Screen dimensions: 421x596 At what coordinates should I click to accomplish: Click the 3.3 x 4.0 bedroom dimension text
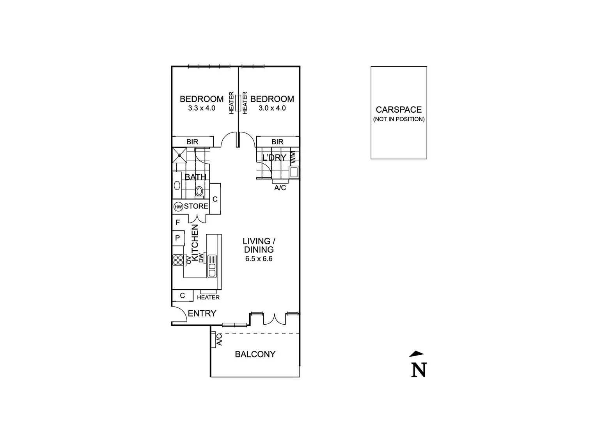pyautogui.click(x=202, y=108)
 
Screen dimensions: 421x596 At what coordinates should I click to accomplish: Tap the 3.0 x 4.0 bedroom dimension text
pyautogui.click(x=272, y=108)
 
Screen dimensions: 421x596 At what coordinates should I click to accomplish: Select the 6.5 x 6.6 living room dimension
pyautogui.click(x=259, y=258)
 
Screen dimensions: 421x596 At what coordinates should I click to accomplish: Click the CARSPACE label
pyautogui.click(x=399, y=110)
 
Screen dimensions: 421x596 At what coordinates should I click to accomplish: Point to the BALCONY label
pyautogui.click(x=255, y=354)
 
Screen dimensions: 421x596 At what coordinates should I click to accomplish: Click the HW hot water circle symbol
pyautogui.click(x=178, y=207)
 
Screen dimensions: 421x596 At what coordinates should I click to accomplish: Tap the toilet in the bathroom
pyautogui.click(x=199, y=191)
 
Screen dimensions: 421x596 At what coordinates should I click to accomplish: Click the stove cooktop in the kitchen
pyautogui.click(x=178, y=260)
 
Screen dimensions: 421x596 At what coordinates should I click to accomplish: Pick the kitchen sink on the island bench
pyautogui.click(x=212, y=265)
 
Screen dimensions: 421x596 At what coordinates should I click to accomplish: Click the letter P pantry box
pyautogui.click(x=177, y=238)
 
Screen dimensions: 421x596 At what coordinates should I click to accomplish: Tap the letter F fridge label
pyautogui.click(x=178, y=223)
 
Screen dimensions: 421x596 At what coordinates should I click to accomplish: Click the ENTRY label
pyautogui.click(x=202, y=313)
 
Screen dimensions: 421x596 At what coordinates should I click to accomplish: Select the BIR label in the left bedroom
pyautogui.click(x=192, y=142)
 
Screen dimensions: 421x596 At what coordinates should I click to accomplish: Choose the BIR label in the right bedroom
pyautogui.click(x=277, y=142)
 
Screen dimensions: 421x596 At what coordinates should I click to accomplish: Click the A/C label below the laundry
pyautogui.click(x=280, y=188)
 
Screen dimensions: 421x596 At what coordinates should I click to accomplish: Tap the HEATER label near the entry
pyautogui.click(x=208, y=297)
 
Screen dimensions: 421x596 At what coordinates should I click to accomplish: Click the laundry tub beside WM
pyautogui.click(x=294, y=172)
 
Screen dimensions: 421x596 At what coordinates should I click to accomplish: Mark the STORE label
pyautogui.click(x=196, y=206)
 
